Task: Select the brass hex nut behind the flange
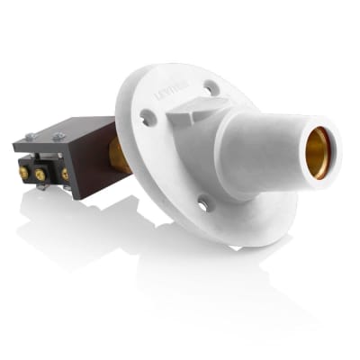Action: click(x=120, y=155)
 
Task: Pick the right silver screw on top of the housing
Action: click(x=59, y=136)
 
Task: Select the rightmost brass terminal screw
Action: click(x=65, y=173)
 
